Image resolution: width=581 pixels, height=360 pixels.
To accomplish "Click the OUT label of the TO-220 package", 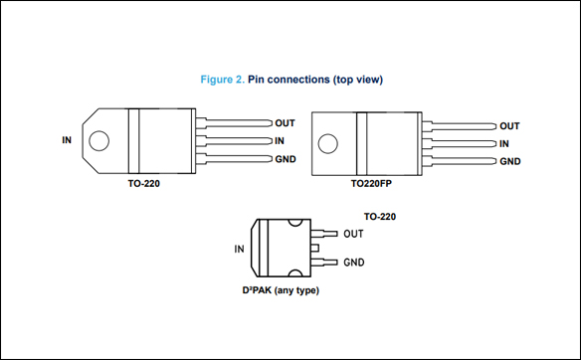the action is [x=285, y=123].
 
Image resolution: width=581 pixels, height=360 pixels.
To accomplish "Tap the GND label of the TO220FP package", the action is [x=509, y=161].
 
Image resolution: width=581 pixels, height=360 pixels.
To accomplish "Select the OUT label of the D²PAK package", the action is [x=353, y=234].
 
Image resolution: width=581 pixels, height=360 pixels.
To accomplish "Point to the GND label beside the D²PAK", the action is [x=354, y=263].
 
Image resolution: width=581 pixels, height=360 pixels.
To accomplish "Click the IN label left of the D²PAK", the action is [x=239, y=249].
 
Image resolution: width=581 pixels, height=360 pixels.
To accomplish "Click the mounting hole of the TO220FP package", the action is [x=328, y=143].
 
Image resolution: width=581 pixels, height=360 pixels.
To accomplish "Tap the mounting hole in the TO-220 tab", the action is [x=98, y=141].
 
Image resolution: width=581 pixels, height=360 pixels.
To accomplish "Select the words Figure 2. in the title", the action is [x=222, y=80].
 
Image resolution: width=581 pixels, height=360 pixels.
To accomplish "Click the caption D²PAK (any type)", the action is [x=281, y=290].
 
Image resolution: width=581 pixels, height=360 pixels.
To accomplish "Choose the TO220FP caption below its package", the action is [x=371, y=183].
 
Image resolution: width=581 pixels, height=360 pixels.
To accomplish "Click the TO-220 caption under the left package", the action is [x=144, y=183].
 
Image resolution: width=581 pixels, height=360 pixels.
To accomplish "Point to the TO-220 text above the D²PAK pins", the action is [x=380, y=216].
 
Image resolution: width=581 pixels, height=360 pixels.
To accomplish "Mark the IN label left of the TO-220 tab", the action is [x=67, y=140].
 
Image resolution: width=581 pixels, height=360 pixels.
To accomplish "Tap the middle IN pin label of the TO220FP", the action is [x=504, y=144].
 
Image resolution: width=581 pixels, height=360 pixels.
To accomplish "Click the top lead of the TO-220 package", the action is [x=234, y=123].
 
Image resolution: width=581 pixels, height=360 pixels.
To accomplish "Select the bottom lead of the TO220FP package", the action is [x=459, y=161].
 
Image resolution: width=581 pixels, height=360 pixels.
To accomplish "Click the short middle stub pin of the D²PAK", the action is [x=314, y=248].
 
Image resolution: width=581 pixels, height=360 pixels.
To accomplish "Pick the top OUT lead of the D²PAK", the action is [x=324, y=234].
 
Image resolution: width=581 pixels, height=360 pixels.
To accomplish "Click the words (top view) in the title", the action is [x=357, y=80].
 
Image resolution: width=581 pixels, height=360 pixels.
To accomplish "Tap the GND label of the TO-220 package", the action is [x=286, y=159].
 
